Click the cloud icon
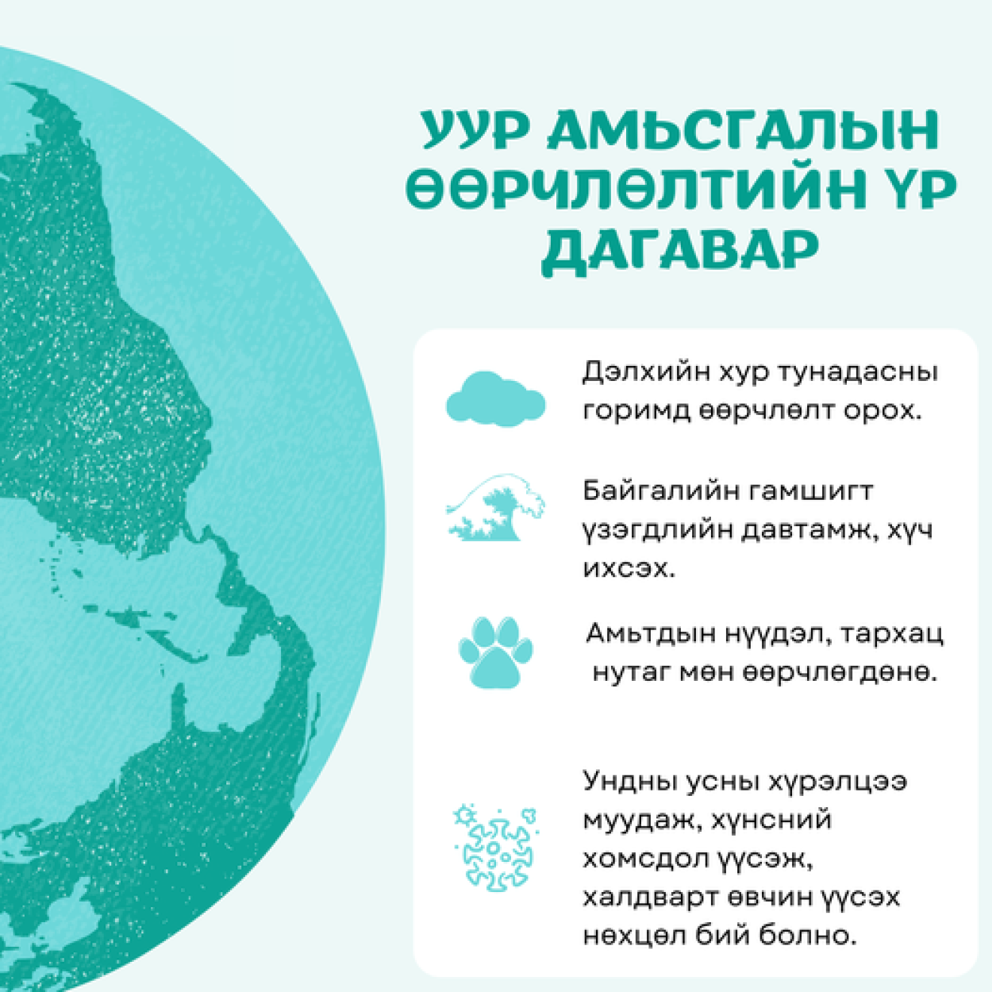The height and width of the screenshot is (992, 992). pos(495,399)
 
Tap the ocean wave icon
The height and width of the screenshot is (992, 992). pos(495,507)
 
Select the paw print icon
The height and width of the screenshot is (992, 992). pos(495,652)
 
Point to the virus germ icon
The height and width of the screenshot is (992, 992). pos(495,848)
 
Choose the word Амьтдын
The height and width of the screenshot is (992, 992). pos(649,634)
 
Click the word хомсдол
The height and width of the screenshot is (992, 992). pos(645,859)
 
